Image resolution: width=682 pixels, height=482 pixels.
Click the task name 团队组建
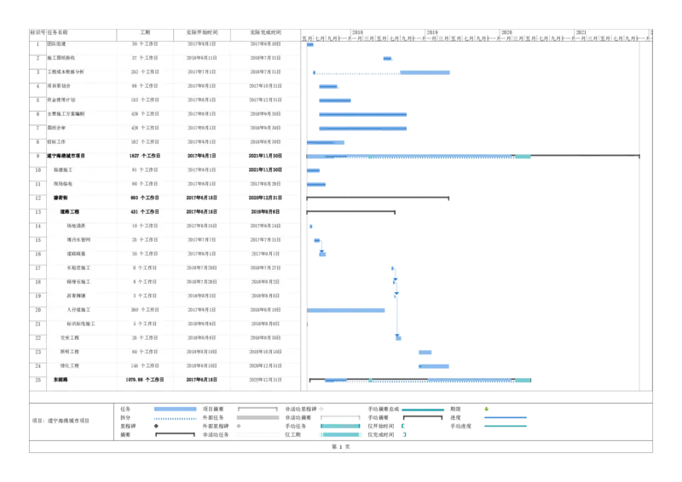[x=58, y=43]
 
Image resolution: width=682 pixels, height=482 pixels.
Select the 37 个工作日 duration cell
[x=145, y=58]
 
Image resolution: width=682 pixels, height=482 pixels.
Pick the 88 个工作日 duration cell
[x=145, y=86]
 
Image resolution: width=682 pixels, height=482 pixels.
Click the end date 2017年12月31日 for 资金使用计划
[x=265, y=100]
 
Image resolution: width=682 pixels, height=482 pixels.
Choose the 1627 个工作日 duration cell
[x=145, y=156]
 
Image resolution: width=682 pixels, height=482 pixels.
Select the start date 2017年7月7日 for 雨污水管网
[x=201, y=239]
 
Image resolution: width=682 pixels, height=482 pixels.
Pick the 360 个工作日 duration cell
[x=145, y=309]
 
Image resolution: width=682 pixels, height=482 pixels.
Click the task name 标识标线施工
[x=81, y=324]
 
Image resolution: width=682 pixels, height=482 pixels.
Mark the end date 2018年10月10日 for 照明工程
[x=265, y=351]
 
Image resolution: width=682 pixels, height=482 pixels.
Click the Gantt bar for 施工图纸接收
[x=388, y=58]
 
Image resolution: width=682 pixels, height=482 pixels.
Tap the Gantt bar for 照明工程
[x=425, y=351]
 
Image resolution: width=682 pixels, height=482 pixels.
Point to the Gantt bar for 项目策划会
[x=328, y=86]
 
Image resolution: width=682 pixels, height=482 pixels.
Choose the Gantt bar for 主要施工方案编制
[x=362, y=113]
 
